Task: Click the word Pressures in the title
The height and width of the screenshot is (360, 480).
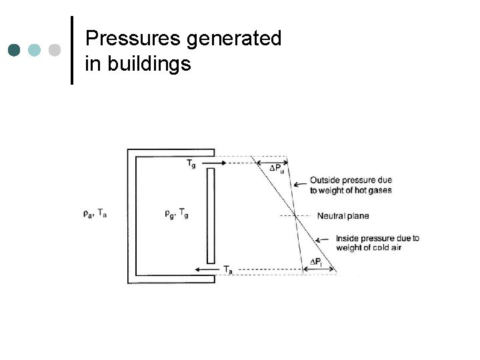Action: [x=133, y=39]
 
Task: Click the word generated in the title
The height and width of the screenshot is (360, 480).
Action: [x=234, y=39]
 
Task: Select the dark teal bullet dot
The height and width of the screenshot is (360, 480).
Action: [x=14, y=50]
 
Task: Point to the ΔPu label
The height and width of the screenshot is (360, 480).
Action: [x=277, y=168]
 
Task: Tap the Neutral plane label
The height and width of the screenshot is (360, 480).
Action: [x=343, y=216]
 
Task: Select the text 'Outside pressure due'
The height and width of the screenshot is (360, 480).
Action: [x=351, y=180]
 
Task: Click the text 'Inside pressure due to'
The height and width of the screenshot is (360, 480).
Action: [x=377, y=238]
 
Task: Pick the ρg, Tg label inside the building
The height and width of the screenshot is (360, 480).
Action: [x=176, y=213]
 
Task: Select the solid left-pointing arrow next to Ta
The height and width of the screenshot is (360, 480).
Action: [x=207, y=269]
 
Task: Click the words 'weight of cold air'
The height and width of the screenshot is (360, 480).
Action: [x=369, y=248]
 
